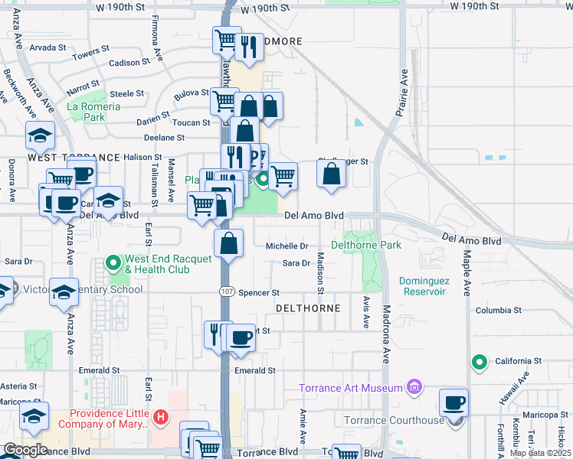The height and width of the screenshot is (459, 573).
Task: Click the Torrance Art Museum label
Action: (x=351, y=388)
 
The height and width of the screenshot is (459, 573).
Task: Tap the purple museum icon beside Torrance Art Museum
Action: (x=414, y=386)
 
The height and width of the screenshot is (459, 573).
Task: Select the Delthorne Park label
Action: (x=366, y=246)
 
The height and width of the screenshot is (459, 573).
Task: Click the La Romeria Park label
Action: (x=94, y=112)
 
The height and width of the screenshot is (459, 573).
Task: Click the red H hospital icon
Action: (x=161, y=417)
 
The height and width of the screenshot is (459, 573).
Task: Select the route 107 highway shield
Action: (x=226, y=292)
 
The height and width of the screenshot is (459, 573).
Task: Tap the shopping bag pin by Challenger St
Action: (x=331, y=174)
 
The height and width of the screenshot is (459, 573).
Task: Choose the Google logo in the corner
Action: (x=25, y=450)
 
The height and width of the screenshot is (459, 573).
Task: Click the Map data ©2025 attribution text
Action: (x=540, y=453)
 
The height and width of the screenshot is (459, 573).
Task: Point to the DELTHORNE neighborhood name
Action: (x=306, y=308)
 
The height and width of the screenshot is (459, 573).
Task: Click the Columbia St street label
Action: (x=498, y=311)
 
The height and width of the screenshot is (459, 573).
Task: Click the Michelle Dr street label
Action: (x=286, y=246)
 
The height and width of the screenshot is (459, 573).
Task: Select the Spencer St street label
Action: (x=259, y=293)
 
